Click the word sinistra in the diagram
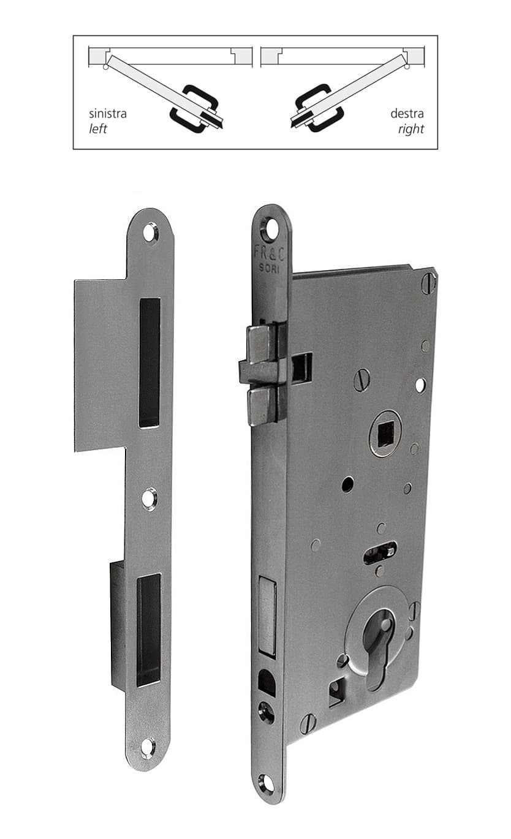coord(108,114)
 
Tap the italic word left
coord(98,129)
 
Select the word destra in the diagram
coord(407,114)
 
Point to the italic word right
coord(411,129)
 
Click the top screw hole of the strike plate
coord(150,232)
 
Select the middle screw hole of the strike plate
coord(149,499)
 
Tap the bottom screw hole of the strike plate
coord(148,747)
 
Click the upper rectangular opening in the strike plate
coord(149,363)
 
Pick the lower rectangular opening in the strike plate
coord(148,630)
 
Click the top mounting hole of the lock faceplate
coord(270,229)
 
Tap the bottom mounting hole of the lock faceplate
coord(266,783)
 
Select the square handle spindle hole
coord(385,434)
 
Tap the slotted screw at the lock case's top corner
coord(428,283)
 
